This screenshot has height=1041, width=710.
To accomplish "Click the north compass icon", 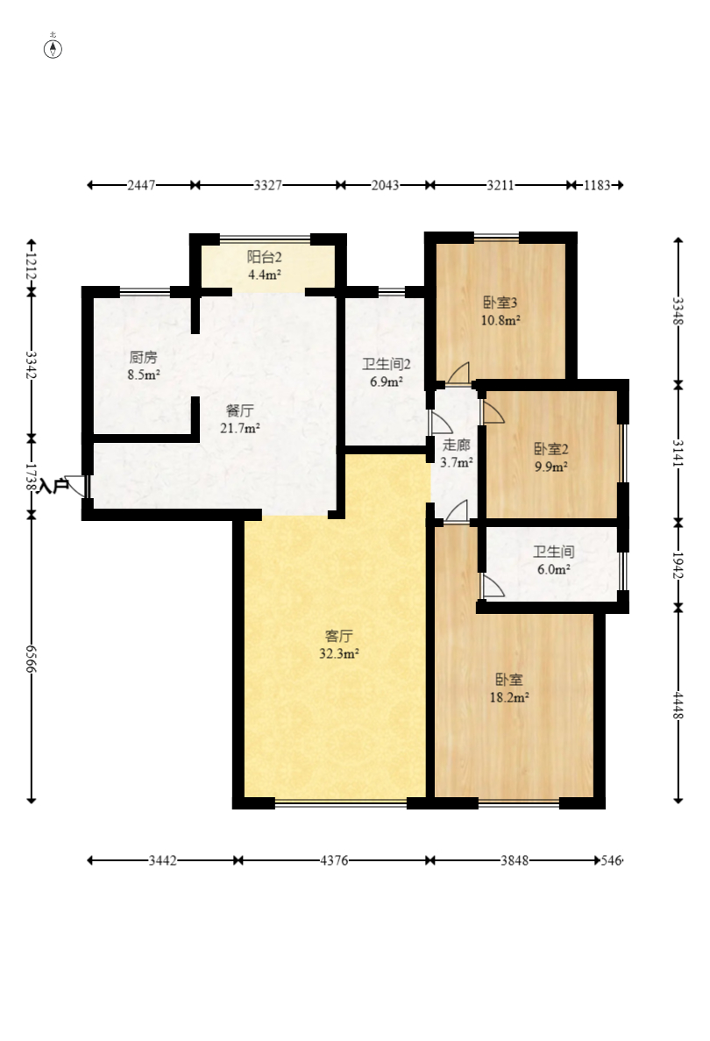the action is point(53,48).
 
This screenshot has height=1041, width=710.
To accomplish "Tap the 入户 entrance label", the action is point(53,486).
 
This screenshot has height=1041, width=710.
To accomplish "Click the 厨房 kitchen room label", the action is point(144,357).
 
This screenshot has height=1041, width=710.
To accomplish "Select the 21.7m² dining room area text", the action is point(239,428).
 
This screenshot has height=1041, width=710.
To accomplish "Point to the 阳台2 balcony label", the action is point(265,257).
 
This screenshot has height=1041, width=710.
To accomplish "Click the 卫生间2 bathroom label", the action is point(387,364).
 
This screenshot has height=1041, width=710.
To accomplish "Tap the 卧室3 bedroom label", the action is point(501,303).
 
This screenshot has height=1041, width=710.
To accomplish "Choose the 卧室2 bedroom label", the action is point(551,449).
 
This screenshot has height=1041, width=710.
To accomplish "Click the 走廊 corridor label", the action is point(457,445).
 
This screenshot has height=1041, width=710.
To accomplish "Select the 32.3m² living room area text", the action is point(339,654).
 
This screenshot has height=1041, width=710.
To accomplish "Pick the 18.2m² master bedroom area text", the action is point(509,698).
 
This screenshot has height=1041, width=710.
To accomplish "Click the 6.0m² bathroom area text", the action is point(554,570).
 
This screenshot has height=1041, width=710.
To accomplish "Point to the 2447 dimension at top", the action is point(141,185).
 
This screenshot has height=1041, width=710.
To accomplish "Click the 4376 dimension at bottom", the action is point(334,860).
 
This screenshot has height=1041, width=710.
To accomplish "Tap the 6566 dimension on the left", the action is point(31,658).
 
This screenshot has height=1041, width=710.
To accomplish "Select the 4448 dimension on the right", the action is point(678,705).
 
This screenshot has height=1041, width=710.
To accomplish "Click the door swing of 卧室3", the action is point(458,373).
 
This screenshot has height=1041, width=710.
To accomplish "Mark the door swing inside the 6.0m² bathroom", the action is point(493,586).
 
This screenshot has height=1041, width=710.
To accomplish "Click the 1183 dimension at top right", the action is point(597,185).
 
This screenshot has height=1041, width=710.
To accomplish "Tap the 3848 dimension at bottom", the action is point(515,860).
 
